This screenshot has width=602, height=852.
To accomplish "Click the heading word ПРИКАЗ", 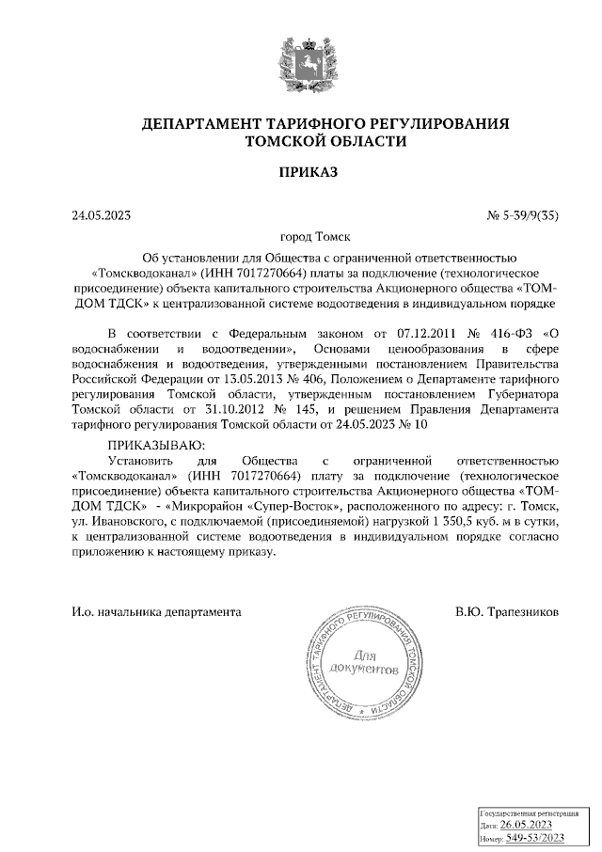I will point(300,172).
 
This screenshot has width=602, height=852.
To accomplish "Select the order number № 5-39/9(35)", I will point(523,215).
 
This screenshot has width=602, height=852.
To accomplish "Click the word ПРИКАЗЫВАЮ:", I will point(155,444).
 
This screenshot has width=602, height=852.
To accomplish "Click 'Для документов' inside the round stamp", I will point(363,662).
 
